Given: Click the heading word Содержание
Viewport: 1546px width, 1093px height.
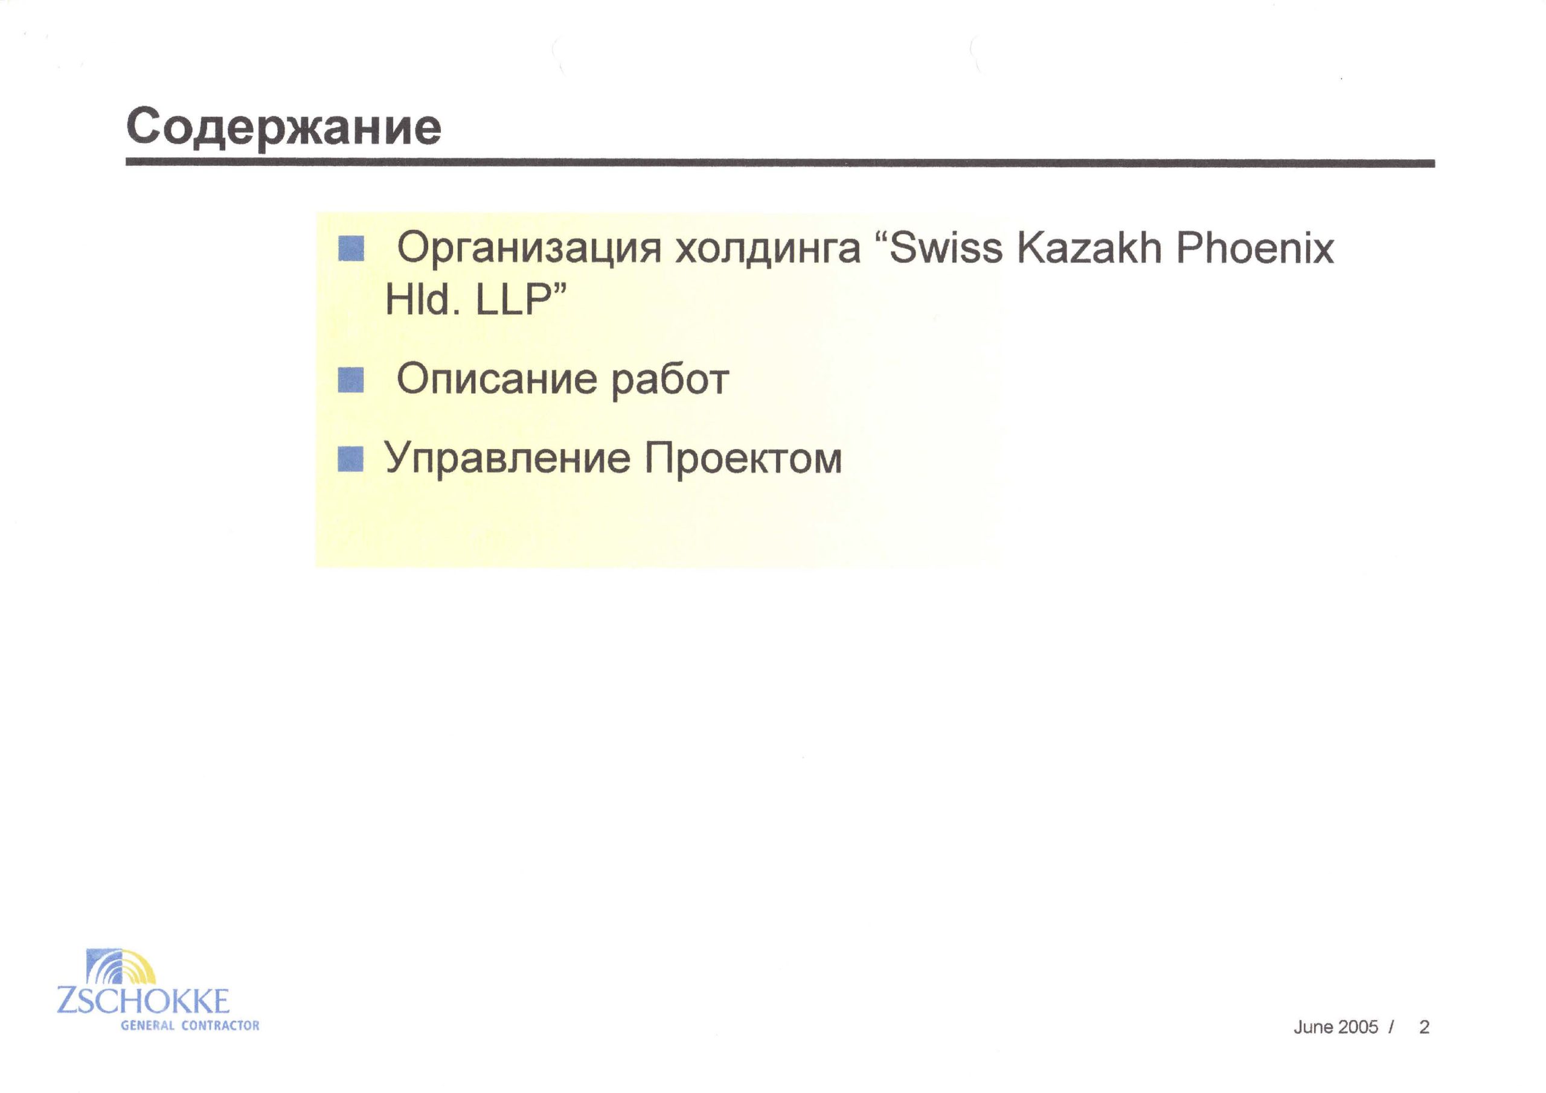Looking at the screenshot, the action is click(x=283, y=128).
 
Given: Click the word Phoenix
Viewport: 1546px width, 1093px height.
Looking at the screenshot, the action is click(x=1255, y=247).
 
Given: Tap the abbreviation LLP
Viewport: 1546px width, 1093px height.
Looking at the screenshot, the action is click(x=514, y=299).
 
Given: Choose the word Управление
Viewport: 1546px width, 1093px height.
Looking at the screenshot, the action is click(x=508, y=460).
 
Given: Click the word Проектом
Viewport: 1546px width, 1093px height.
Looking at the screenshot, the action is click(x=743, y=459).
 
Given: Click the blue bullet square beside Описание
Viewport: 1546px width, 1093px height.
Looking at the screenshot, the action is click(x=351, y=380).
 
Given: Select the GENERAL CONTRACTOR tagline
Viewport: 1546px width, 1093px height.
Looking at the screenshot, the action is click(x=190, y=1025).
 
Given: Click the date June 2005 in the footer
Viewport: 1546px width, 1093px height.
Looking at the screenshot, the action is click(x=1336, y=1027).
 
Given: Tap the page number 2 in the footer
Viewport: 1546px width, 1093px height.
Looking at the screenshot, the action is click(x=1424, y=1027).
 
